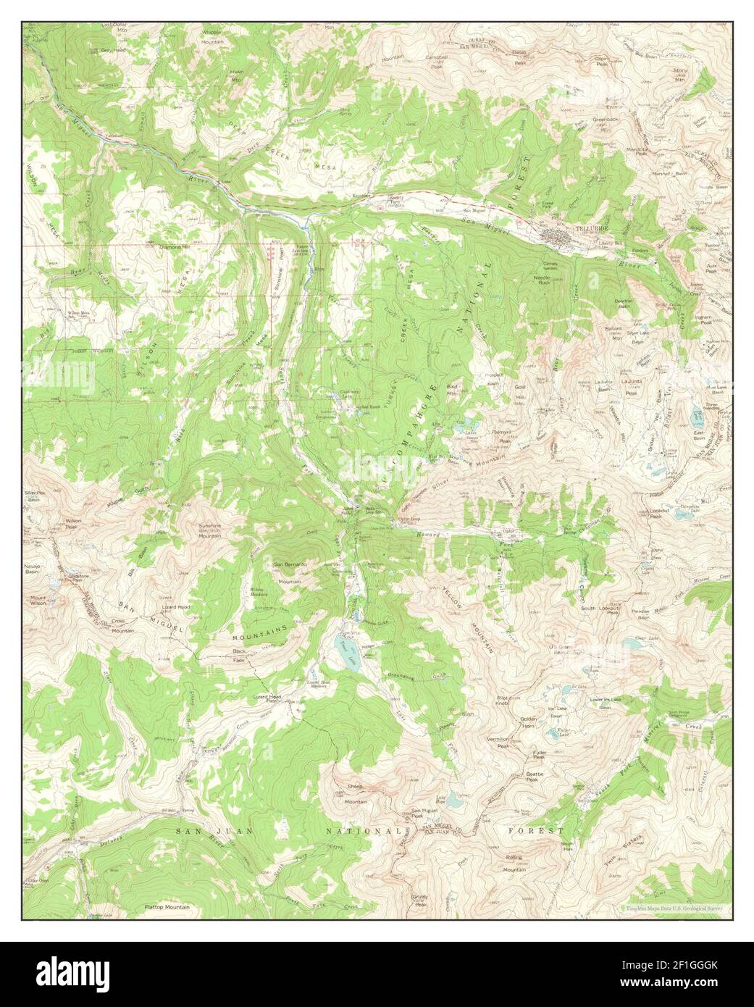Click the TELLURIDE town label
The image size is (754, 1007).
pos(589,227)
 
